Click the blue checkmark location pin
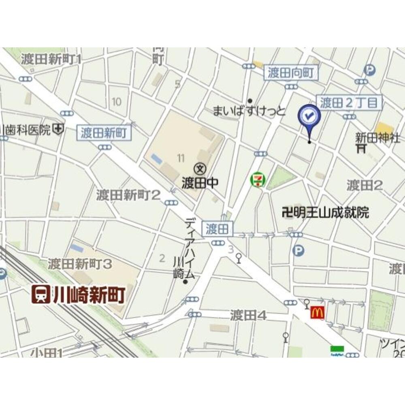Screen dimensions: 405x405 click(x=309, y=117)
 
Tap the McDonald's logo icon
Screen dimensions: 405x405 click(x=317, y=312)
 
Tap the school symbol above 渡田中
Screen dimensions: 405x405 click(x=199, y=167)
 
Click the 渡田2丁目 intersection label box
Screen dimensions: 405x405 click(x=349, y=102)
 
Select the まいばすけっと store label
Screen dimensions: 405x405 click(x=249, y=110)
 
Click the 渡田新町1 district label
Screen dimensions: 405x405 click(x=51, y=59)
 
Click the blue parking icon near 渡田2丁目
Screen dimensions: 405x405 click(x=369, y=70)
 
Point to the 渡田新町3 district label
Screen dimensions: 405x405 click(x=80, y=264)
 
